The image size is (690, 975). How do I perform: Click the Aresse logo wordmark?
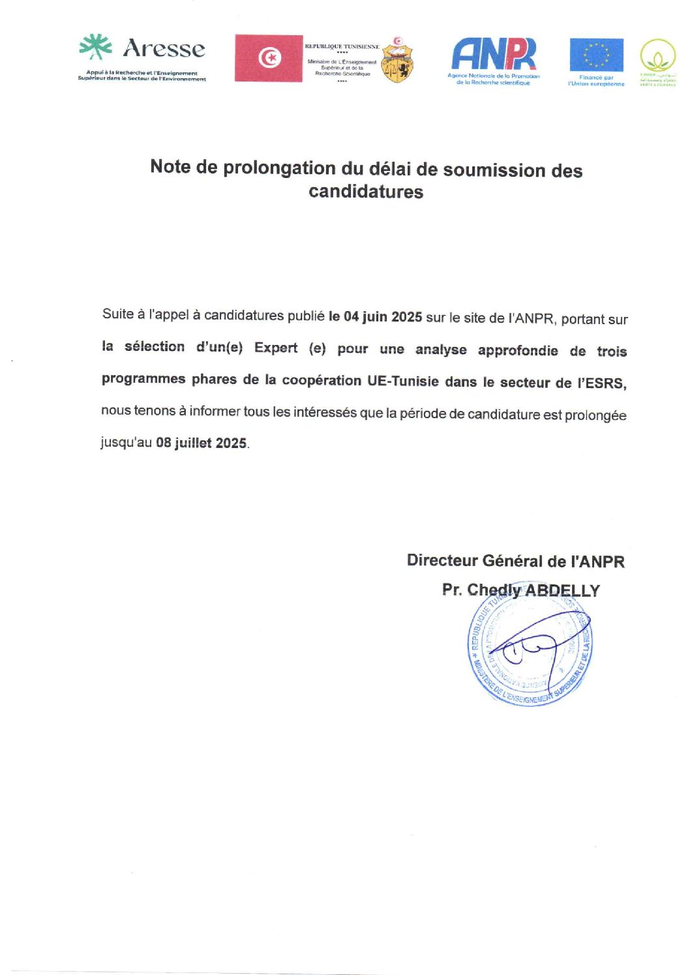(x=163, y=48)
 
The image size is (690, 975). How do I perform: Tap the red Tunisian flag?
(x=269, y=58)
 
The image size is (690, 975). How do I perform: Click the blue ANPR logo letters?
(x=494, y=53)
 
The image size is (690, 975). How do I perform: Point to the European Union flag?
(x=596, y=55)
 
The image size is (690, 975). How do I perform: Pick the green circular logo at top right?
(x=657, y=56)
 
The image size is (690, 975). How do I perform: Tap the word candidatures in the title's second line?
(x=366, y=192)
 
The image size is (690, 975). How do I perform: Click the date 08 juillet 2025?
(x=202, y=443)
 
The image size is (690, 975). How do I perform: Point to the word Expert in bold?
(x=276, y=348)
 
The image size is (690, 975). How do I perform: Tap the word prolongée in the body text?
(x=594, y=415)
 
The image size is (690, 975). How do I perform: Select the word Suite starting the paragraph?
(x=118, y=314)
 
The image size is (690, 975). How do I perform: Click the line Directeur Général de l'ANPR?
(x=515, y=561)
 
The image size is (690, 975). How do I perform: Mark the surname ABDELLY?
(x=562, y=591)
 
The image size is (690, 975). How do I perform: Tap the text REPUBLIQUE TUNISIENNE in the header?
(x=342, y=47)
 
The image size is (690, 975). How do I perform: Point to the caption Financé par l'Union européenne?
(x=596, y=81)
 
